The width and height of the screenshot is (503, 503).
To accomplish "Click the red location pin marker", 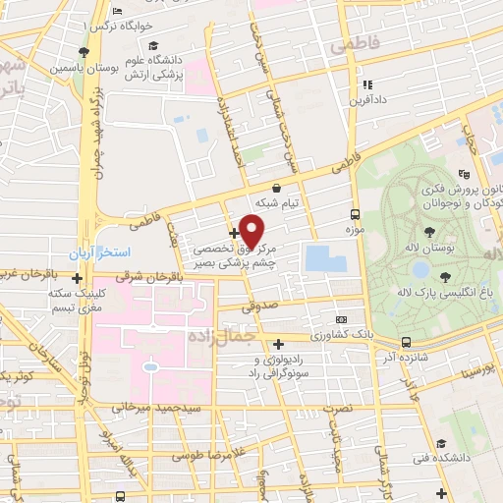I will pyautogui.click(x=252, y=231).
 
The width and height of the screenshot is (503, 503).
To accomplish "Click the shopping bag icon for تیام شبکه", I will pyautogui.click(x=276, y=188).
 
